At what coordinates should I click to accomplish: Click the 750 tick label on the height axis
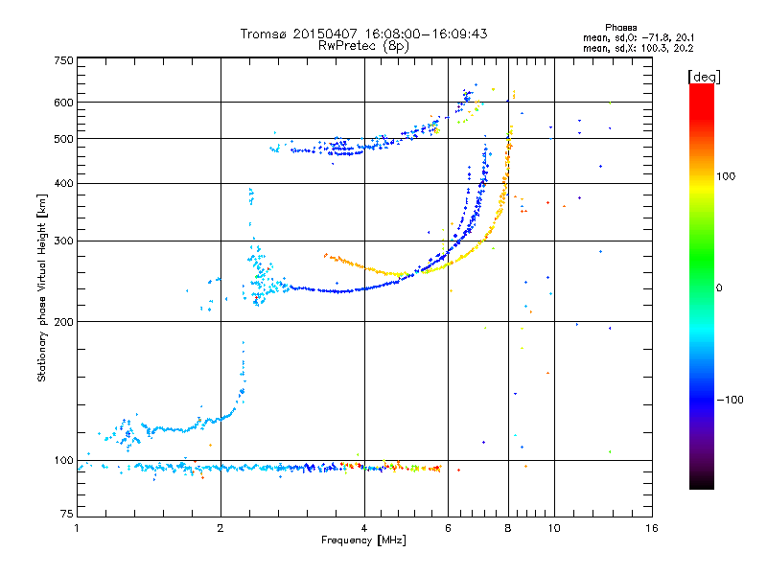click(64, 60)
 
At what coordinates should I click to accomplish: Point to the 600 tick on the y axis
click(64, 102)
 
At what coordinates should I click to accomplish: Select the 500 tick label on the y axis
click(64, 138)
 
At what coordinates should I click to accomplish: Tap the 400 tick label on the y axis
click(64, 183)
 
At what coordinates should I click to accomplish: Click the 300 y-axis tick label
click(64, 241)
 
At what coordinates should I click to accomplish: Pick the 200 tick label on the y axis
click(64, 321)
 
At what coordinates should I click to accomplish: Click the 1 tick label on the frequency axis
click(77, 528)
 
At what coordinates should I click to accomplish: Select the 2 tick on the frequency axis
click(221, 528)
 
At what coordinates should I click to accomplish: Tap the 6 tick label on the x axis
click(449, 528)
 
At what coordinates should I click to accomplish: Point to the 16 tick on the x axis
click(651, 528)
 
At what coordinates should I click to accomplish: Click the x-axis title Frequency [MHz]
click(364, 540)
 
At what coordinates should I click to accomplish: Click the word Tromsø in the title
click(264, 34)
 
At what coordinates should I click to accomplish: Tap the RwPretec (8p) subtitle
click(364, 45)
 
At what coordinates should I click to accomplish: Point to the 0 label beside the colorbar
click(720, 287)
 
